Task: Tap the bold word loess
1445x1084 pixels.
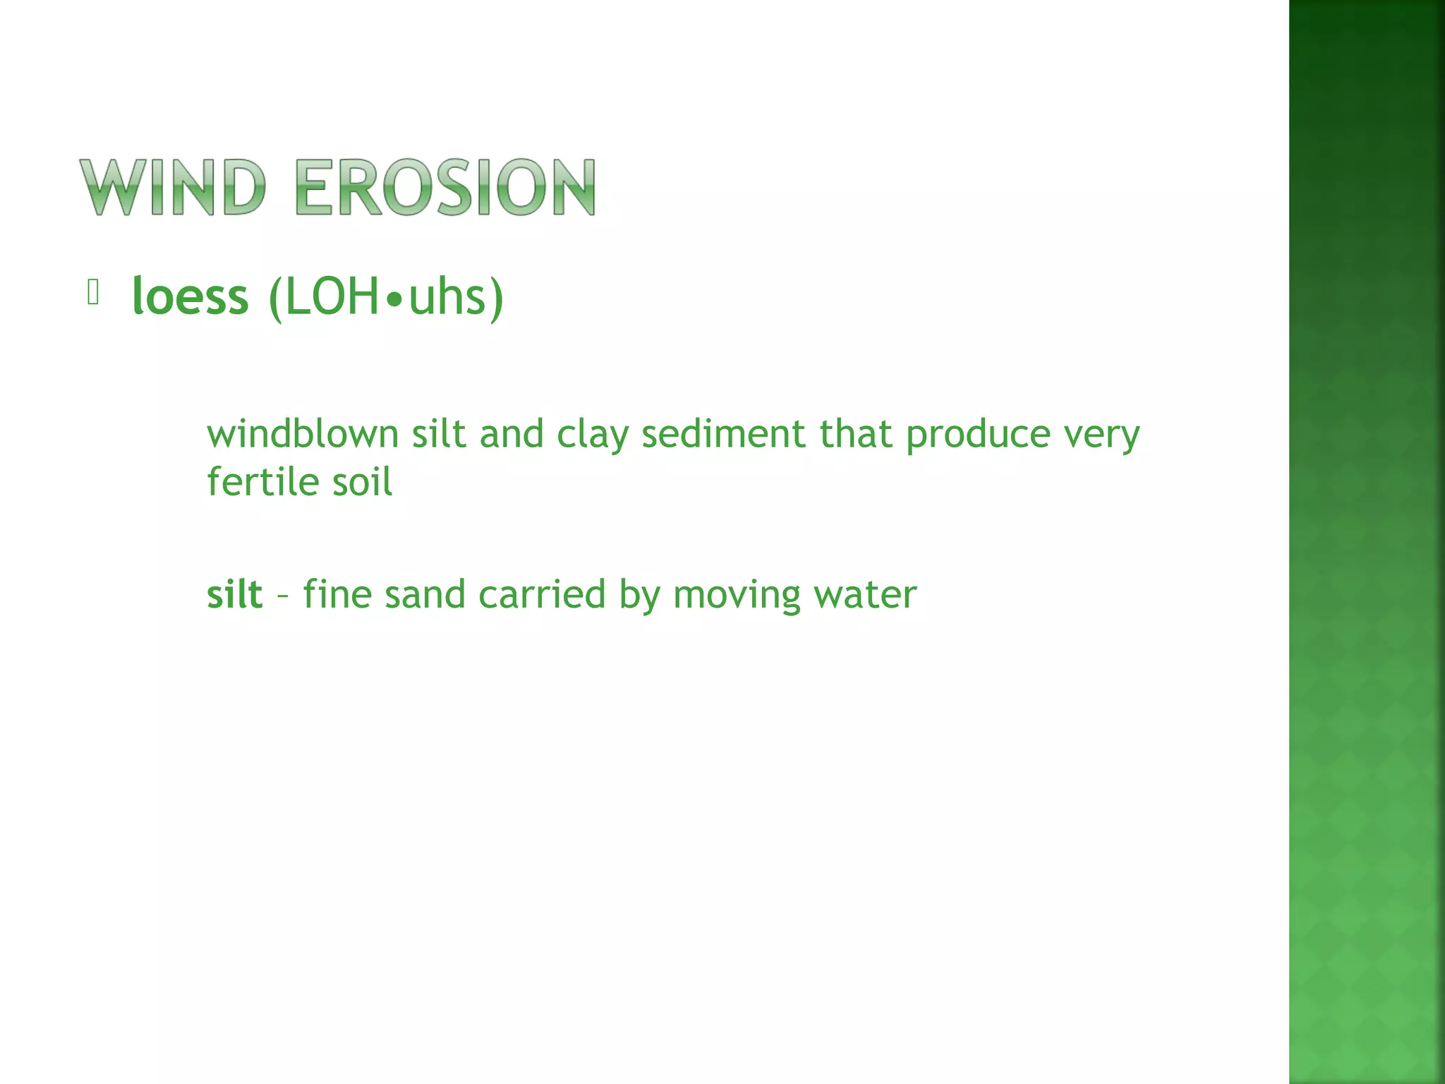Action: tap(191, 296)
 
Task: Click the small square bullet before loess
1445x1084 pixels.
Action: tap(92, 292)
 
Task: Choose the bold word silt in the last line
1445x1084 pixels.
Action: tap(234, 594)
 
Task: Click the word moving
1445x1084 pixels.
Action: tap(737, 596)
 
